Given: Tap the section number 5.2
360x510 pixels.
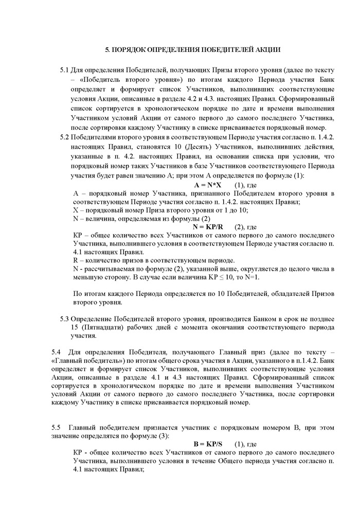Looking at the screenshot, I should pyautogui.click(x=64, y=137).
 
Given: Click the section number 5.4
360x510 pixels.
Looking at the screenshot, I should pyautogui.click(x=56, y=352).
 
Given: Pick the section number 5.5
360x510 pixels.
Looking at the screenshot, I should pyautogui.click(x=56, y=428).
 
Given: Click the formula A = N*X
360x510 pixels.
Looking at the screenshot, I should pyautogui.click(x=208, y=184).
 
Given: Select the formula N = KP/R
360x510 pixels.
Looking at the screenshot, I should pyautogui.click(x=208, y=226).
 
